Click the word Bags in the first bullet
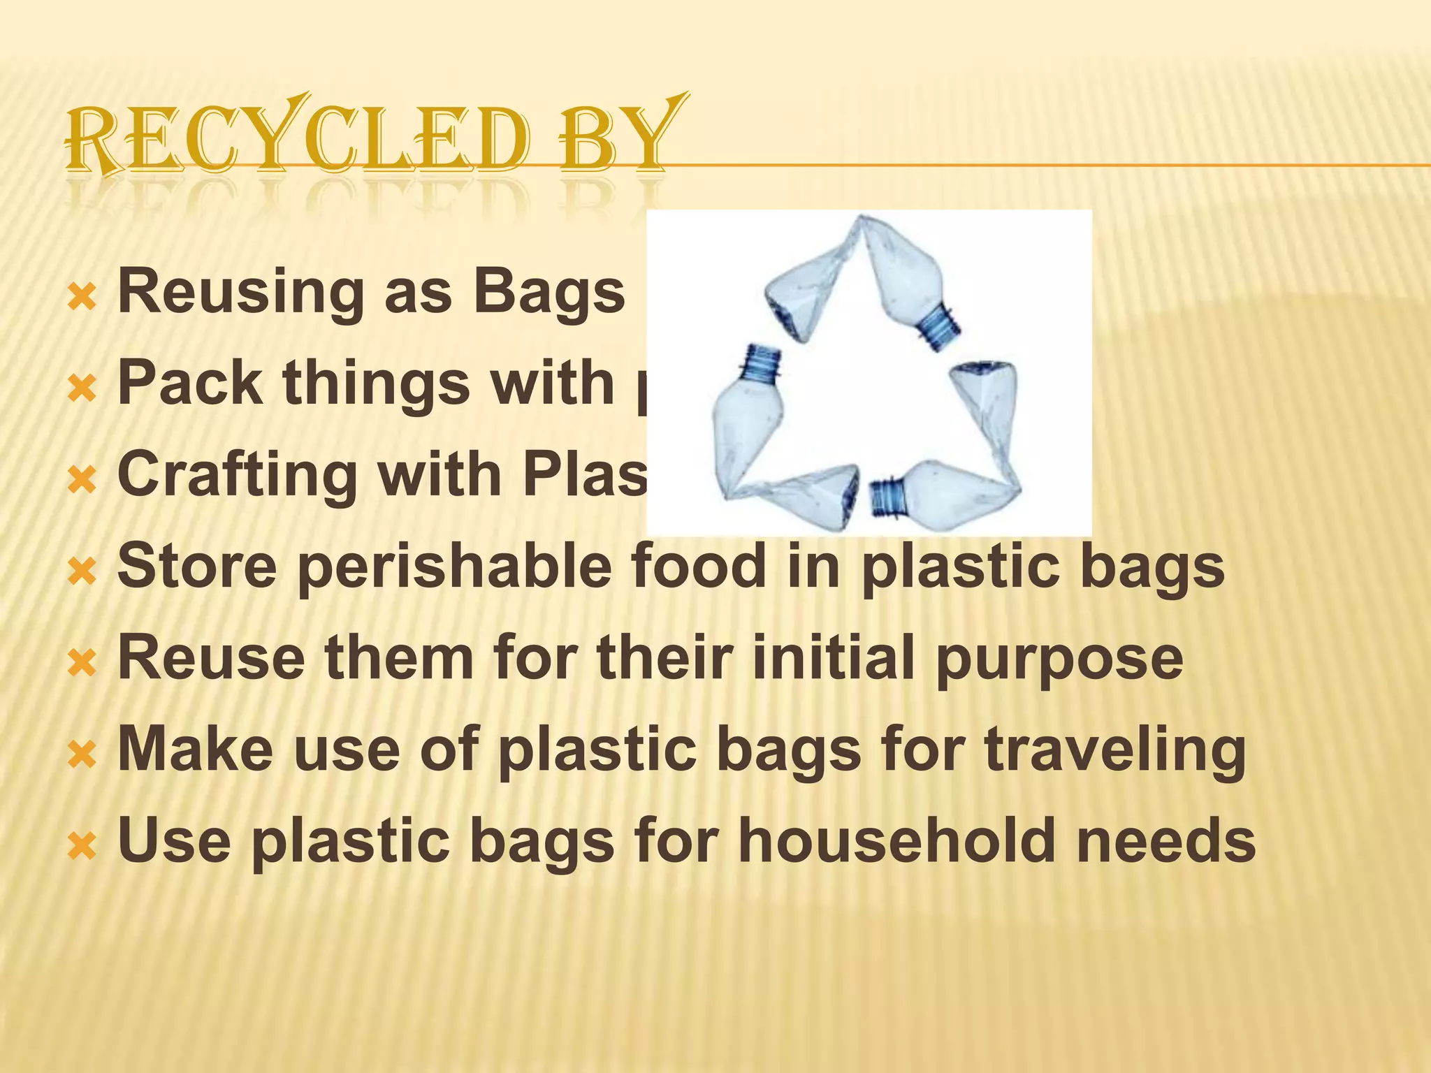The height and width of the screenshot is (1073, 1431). point(549,292)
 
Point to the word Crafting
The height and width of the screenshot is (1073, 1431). point(238,476)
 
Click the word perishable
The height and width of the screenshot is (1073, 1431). point(458,567)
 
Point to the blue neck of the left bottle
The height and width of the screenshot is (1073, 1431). point(763,363)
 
